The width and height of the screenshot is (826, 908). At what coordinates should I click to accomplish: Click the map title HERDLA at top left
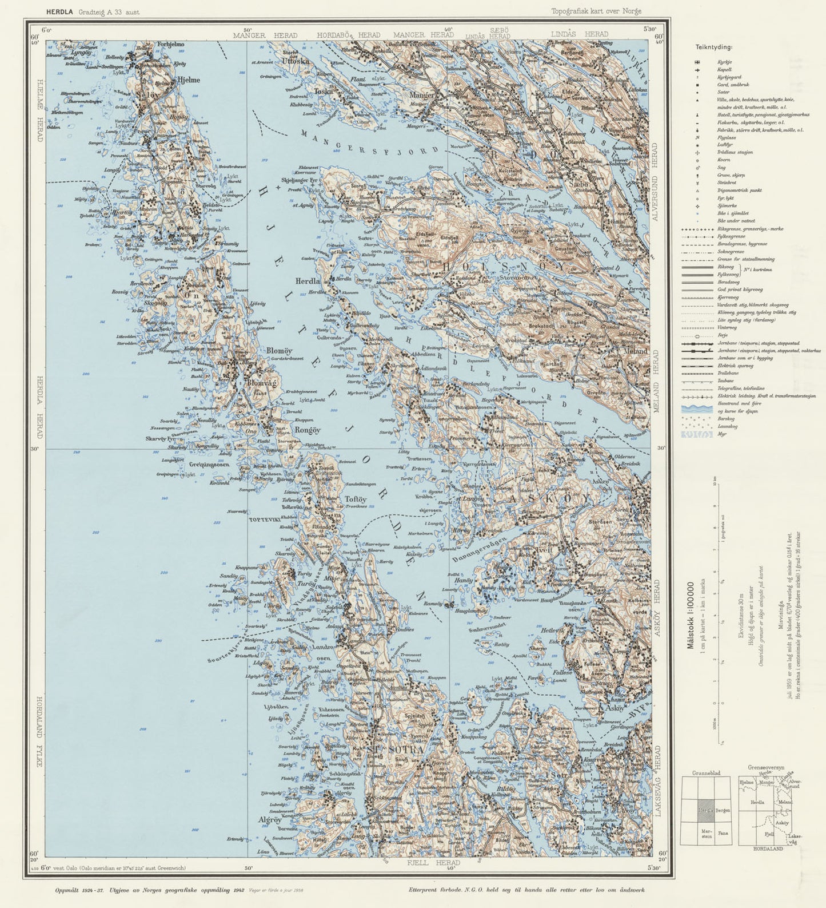pos(61,11)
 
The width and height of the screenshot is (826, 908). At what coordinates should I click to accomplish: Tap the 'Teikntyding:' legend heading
pos(714,47)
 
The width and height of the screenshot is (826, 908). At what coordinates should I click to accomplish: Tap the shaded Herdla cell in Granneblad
pos(705,811)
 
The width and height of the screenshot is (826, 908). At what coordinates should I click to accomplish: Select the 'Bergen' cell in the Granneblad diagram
pos(723,811)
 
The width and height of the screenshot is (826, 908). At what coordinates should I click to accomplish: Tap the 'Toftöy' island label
pos(356,499)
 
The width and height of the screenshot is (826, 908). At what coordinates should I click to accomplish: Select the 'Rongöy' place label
pos(308,430)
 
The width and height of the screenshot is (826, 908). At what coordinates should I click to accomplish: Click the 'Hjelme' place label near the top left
pos(189,80)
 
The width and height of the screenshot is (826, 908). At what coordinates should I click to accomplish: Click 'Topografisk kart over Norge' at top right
pos(596,11)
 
